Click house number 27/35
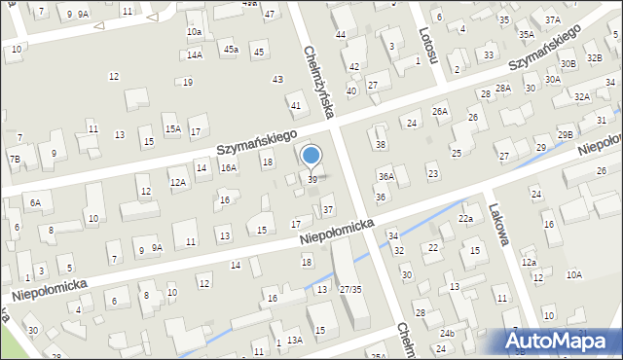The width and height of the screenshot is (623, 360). pos(350,289)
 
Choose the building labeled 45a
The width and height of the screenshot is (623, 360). pos(231,49)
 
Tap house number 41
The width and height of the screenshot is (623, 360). pos(295,105)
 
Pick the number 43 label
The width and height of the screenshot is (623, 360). pos(277,79)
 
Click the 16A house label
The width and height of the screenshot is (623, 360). pos(229,167)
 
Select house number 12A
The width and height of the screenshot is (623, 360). pos(177,182)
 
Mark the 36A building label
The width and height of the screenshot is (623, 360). pos(386,176)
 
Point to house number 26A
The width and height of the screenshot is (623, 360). pos(440,111)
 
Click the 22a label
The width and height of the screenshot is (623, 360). pos(466,219)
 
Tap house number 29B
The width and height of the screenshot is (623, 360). pos(565,134)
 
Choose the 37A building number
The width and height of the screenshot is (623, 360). pos(552,19)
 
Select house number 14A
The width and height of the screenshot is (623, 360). pos(195,55)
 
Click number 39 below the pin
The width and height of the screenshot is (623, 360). pos(311,180)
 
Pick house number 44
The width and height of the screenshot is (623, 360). pos(341,35)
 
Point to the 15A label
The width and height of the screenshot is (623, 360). pos(172,128)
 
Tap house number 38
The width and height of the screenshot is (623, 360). pos(381,145)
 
